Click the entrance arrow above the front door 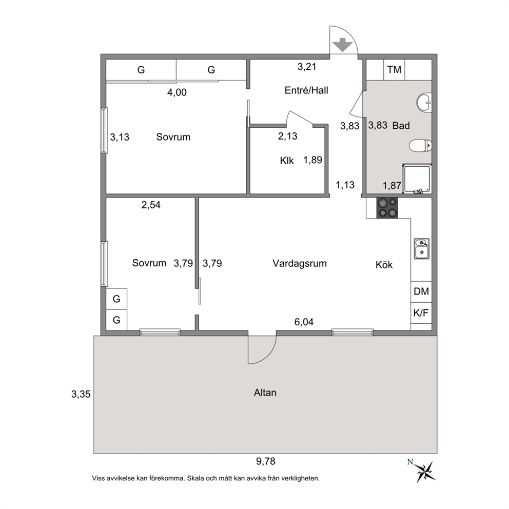tap(342, 45)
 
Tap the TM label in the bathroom tap(394, 69)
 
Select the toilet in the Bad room tap(420, 146)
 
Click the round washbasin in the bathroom tap(424, 103)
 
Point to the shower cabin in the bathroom tap(417, 179)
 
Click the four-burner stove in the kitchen tap(387, 208)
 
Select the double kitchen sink tap(421, 248)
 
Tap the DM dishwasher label tap(421, 291)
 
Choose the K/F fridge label tap(421, 313)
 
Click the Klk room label tap(287, 161)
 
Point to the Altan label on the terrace tap(265, 393)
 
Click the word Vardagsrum tap(299, 263)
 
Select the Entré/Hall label tap(306, 90)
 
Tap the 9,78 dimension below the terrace tap(266, 461)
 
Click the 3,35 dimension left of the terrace tap(81, 394)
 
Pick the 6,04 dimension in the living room tap(304, 322)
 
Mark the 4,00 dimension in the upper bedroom tap(177, 92)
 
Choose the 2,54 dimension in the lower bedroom tap(151, 205)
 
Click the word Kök tap(384, 265)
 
